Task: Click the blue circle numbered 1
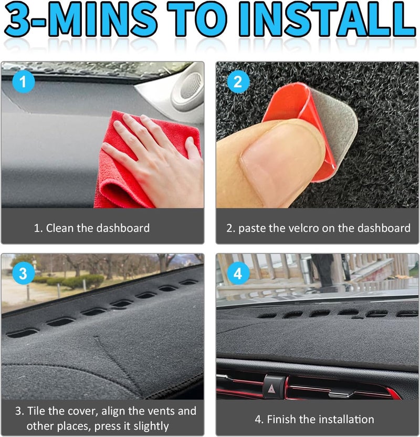click(x=24, y=82)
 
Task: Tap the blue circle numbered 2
click(x=238, y=82)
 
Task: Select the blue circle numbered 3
click(x=24, y=274)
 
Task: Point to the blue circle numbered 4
click(x=238, y=274)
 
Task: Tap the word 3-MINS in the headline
click(x=81, y=19)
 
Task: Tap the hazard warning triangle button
click(x=272, y=388)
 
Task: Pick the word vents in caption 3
click(x=160, y=411)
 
